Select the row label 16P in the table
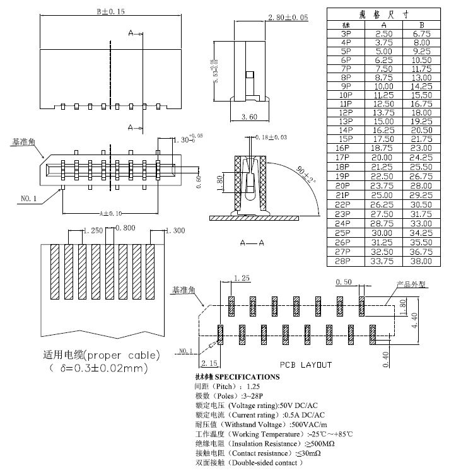coord(346,147)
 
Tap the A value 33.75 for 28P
coord(383,260)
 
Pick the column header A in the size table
coord(383,24)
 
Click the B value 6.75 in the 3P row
coord(422,33)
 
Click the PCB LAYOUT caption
coord(306,365)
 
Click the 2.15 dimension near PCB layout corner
coord(209,364)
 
